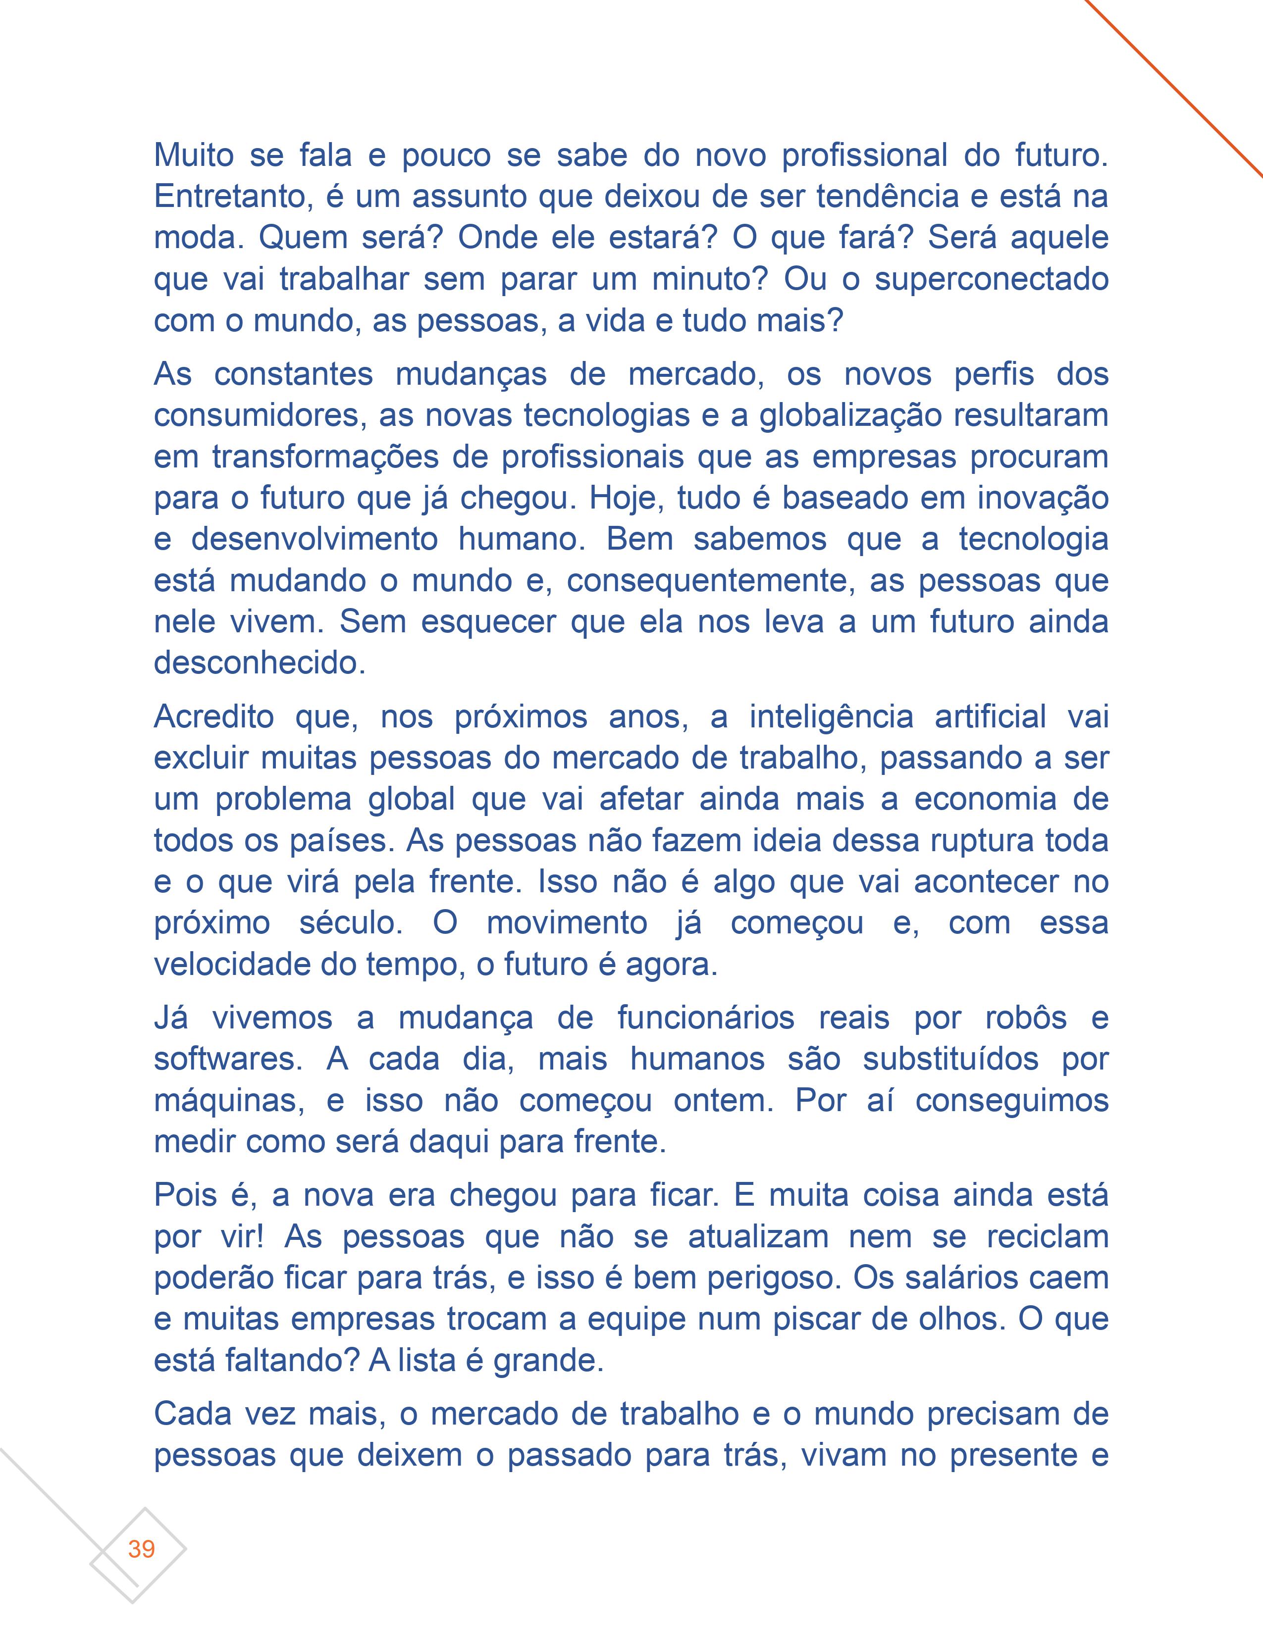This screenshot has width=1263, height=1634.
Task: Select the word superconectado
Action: point(992,280)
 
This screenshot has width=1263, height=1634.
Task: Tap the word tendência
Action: point(888,197)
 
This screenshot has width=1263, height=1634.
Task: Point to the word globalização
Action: point(851,416)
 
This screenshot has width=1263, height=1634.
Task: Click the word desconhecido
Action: point(259,663)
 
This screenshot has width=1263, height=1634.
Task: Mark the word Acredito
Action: point(214,717)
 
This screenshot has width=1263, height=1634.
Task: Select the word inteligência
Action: point(831,717)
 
